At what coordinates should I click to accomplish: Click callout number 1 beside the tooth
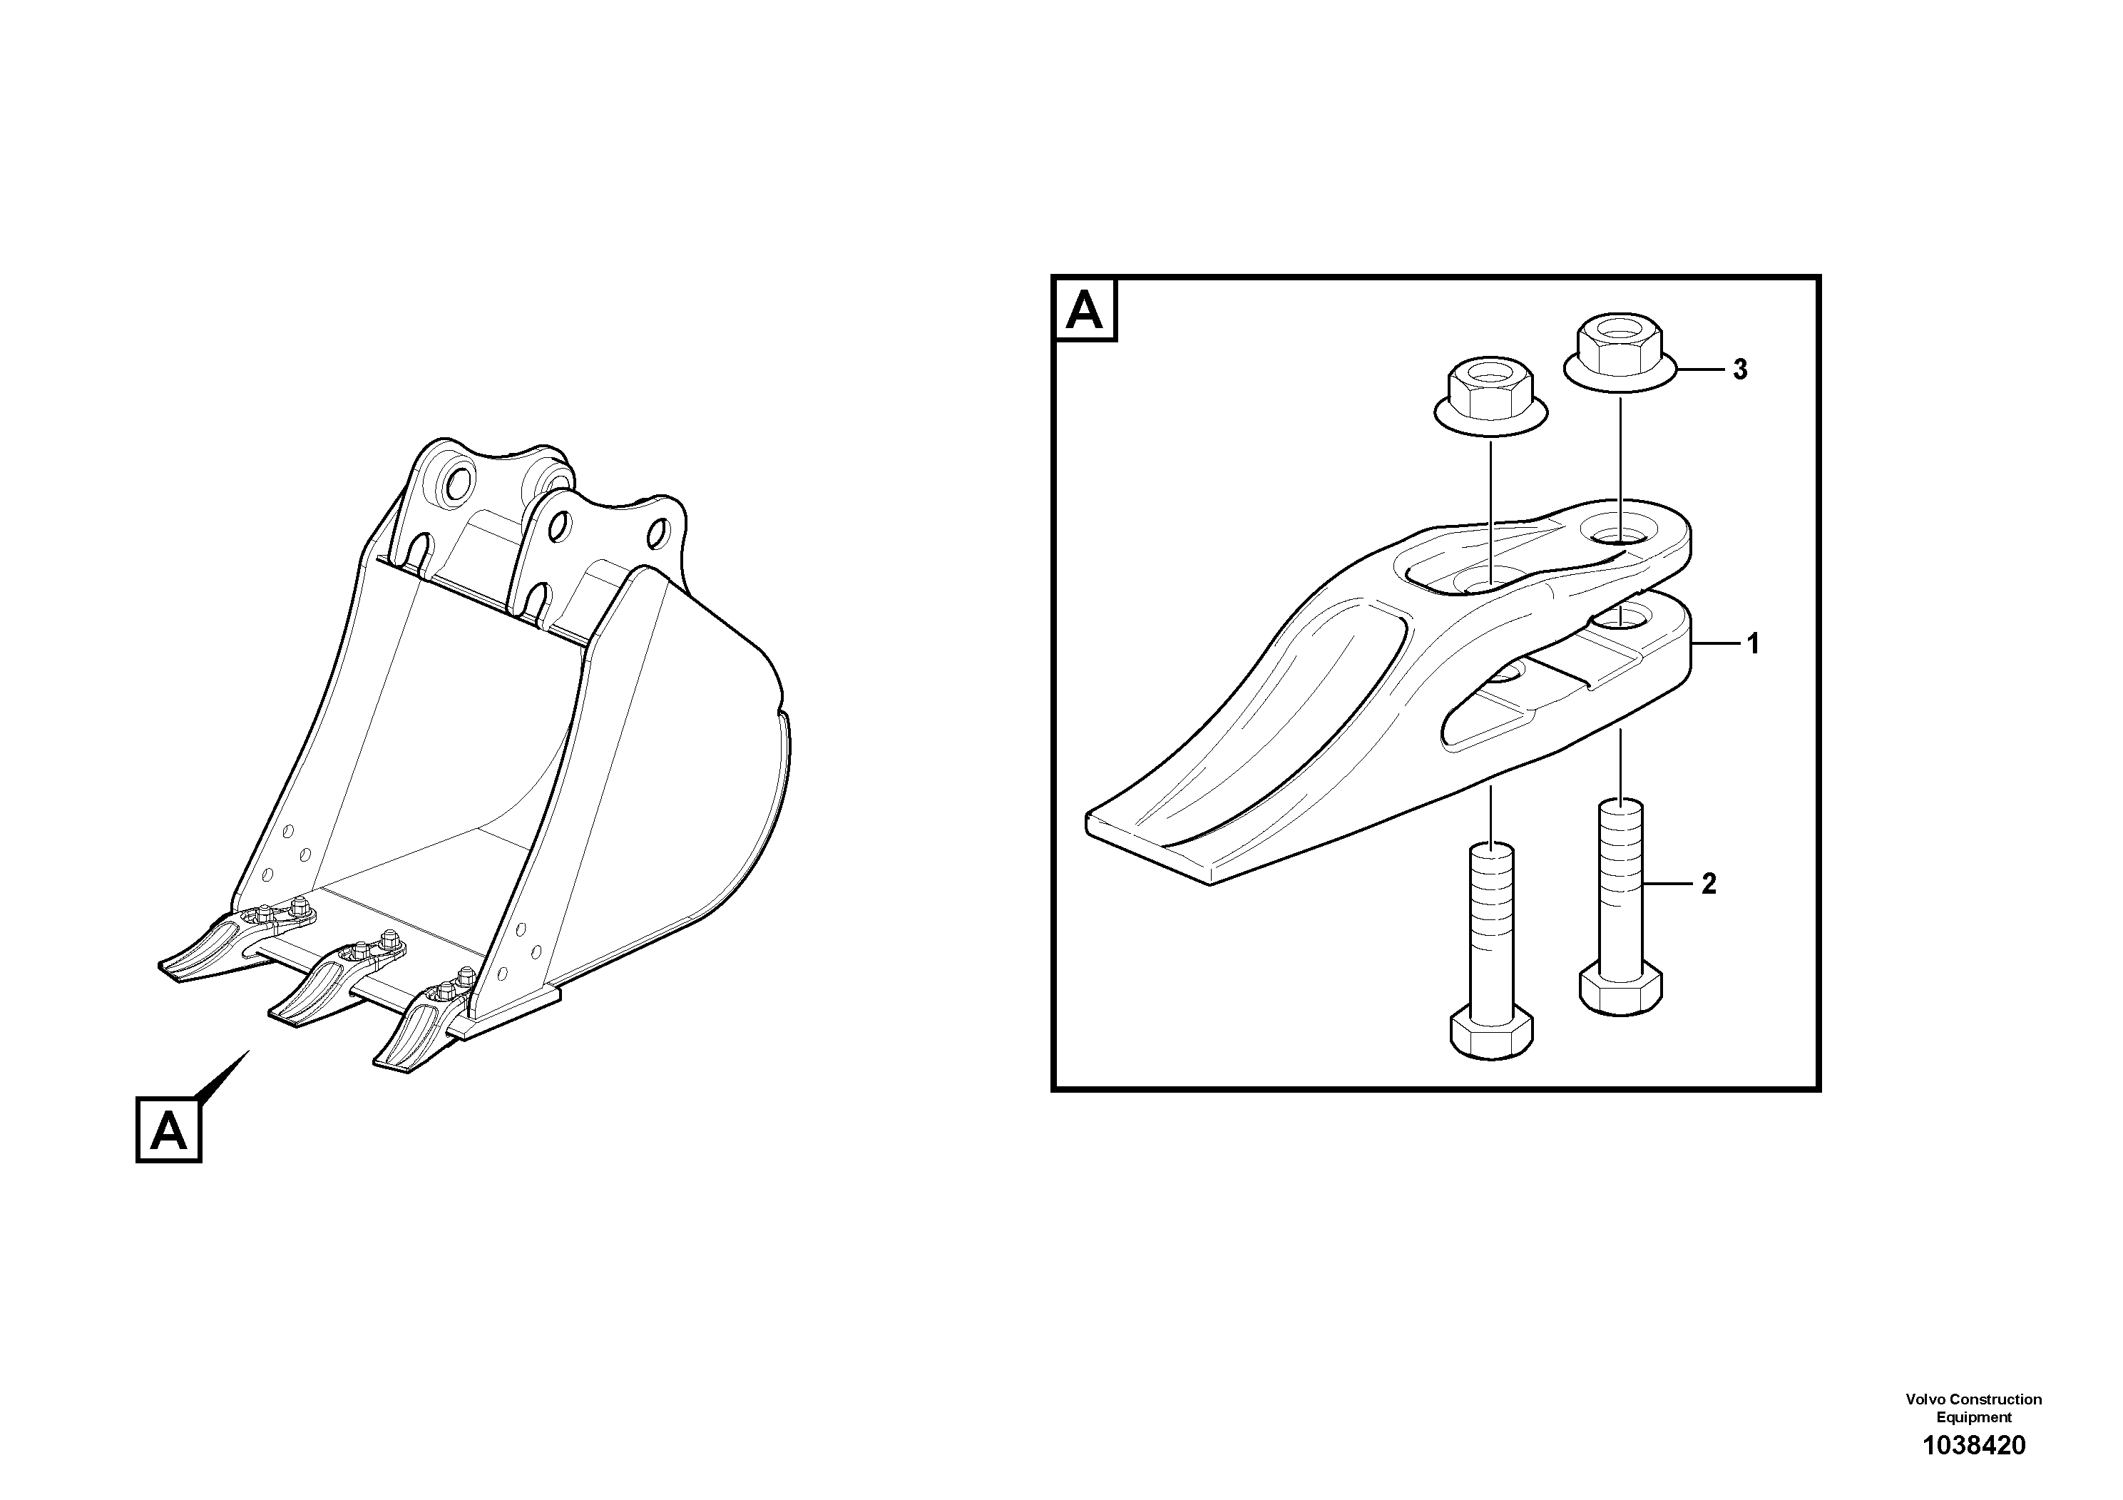point(1752,643)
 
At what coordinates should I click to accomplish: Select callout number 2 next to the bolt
point(1709,884)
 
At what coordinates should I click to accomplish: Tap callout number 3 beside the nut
point(1740,370)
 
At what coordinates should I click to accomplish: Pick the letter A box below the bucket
point(168,1130)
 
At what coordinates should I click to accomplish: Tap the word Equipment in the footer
point(1974,1417)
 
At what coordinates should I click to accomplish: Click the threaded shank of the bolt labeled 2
point(1621,888)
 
